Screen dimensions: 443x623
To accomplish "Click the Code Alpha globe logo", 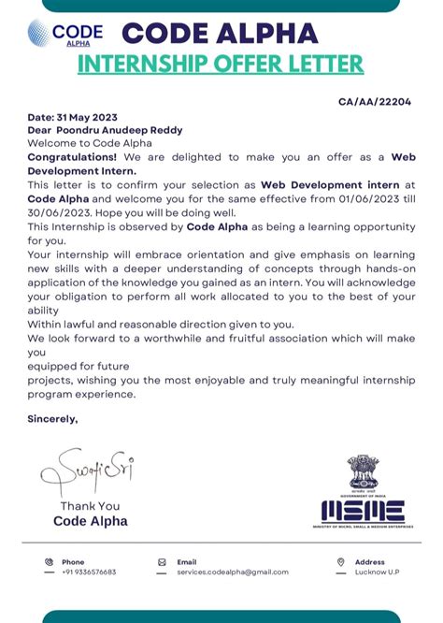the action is [x=40, y=34].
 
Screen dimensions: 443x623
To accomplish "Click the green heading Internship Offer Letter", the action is [x=220, y=65].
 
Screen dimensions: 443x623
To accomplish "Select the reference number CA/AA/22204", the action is [x=374, y=102].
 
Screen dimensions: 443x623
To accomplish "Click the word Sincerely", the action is [x=52, y=418].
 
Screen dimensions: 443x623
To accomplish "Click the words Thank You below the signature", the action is [x=90, y=506].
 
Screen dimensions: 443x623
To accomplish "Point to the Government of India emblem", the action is [x=363, y=474].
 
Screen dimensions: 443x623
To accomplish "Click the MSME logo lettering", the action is [x=363, y=511].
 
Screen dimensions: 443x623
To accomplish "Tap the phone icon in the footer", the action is [x=49, y=562].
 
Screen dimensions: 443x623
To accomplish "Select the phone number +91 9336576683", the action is [x=90, y=572].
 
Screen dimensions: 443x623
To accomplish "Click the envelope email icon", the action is [x=162, y=562].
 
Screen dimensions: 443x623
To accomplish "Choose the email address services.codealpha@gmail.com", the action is [x=233, y=572].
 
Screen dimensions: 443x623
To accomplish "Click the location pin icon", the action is [x=340, y=562].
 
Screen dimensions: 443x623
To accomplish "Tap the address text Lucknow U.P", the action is [x=377, y=572].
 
